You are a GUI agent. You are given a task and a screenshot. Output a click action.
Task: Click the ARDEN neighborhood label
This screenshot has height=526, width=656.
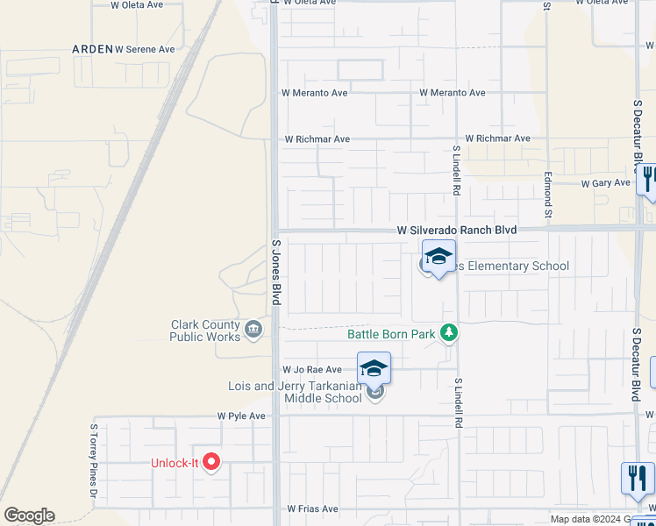91,49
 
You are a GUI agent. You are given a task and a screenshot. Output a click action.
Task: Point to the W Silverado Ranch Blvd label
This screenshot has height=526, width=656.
456,231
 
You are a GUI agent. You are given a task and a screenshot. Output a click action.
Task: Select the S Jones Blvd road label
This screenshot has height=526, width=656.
275,273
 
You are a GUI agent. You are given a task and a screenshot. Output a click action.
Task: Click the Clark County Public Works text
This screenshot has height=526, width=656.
205,330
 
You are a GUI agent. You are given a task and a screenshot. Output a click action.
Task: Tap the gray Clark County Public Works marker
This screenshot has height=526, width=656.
253,330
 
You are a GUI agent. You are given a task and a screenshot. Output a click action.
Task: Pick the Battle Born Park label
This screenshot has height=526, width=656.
392,333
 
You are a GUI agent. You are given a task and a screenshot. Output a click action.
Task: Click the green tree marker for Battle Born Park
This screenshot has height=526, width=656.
449,332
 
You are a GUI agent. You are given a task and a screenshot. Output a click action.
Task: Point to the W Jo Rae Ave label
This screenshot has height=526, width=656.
311,370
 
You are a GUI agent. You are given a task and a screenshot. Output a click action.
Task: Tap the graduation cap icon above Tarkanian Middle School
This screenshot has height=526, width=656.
373,367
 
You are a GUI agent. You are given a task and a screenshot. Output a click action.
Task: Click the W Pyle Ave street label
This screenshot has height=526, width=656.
241,416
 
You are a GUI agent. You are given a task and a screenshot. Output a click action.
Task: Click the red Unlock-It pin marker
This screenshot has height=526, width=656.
210,461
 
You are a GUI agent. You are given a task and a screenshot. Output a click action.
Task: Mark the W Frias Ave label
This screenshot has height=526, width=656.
312,508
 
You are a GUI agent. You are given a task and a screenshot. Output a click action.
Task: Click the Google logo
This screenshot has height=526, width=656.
29,515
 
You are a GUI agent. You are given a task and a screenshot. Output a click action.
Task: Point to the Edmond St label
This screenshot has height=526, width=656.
546,195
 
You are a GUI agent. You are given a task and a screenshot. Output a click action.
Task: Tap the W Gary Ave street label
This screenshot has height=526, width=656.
606,183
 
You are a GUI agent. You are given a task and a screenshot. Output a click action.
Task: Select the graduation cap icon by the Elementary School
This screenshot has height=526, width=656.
439,256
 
